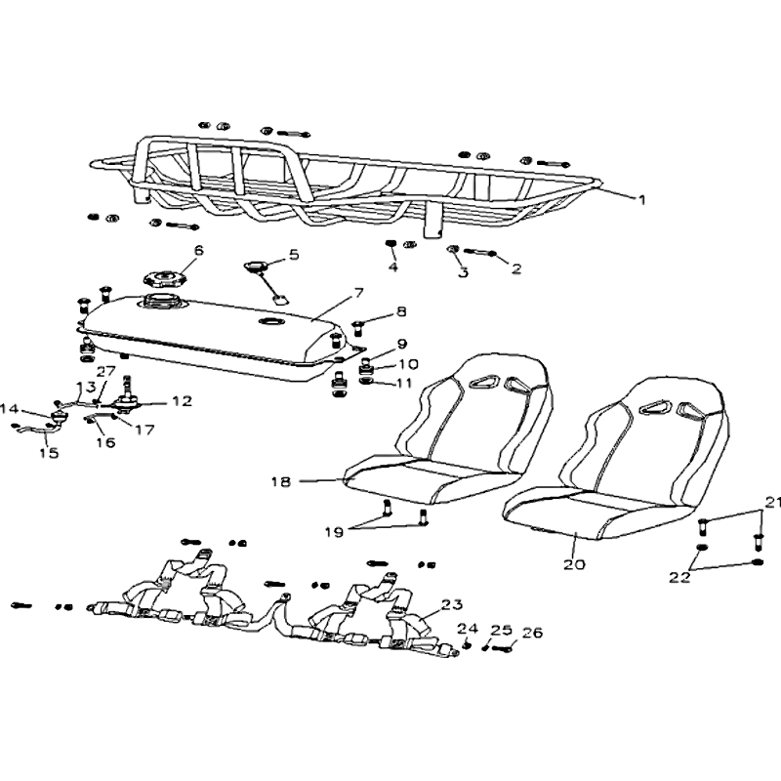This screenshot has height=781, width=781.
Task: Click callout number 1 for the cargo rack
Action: [x=641, y=199]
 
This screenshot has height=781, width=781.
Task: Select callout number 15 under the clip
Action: [x=49, y=452]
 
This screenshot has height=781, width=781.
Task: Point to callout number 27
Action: [x=105, y=371]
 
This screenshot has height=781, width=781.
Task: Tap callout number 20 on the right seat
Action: [x=574, y=565]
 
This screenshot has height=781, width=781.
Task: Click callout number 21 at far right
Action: [x=773, y=503]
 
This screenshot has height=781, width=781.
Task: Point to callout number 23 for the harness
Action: [x=451, y=604]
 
